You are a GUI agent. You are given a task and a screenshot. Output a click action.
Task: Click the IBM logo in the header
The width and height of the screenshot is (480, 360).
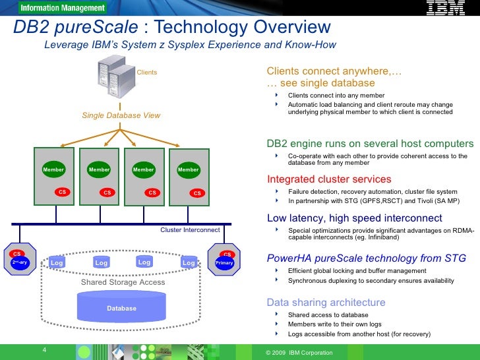446,9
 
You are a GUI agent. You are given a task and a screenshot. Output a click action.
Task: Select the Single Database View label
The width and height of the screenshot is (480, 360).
121,115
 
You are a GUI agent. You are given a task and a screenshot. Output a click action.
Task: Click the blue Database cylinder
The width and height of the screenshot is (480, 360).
121,308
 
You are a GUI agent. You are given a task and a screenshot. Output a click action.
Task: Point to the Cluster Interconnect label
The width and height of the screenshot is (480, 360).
190,230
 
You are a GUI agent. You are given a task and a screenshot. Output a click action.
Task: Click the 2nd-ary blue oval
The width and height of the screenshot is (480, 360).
20,262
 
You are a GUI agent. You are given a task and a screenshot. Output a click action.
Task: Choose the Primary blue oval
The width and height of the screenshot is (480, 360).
225,262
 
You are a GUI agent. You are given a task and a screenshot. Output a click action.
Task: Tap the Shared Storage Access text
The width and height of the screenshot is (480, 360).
123,282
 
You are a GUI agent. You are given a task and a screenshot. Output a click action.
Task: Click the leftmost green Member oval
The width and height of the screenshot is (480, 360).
53,169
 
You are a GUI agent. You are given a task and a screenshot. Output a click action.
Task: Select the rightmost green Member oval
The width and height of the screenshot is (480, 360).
188,169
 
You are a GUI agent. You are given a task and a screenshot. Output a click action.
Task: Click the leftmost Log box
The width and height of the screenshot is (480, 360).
57,263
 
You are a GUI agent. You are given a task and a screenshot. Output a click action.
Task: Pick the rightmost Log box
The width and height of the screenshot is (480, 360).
189,263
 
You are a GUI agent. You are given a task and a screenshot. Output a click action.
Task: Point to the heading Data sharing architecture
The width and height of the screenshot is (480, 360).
326,302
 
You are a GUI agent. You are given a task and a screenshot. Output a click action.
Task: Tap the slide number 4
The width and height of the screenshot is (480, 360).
44,349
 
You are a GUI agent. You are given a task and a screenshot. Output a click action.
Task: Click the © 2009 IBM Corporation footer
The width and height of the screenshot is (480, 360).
299,353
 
